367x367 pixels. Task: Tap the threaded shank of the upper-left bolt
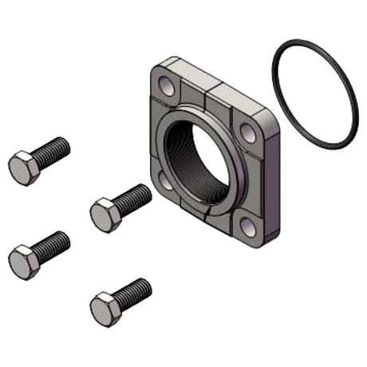click(54, 152)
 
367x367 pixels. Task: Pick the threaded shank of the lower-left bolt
click(54, 241)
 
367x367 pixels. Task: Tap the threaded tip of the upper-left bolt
click(67, 145)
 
